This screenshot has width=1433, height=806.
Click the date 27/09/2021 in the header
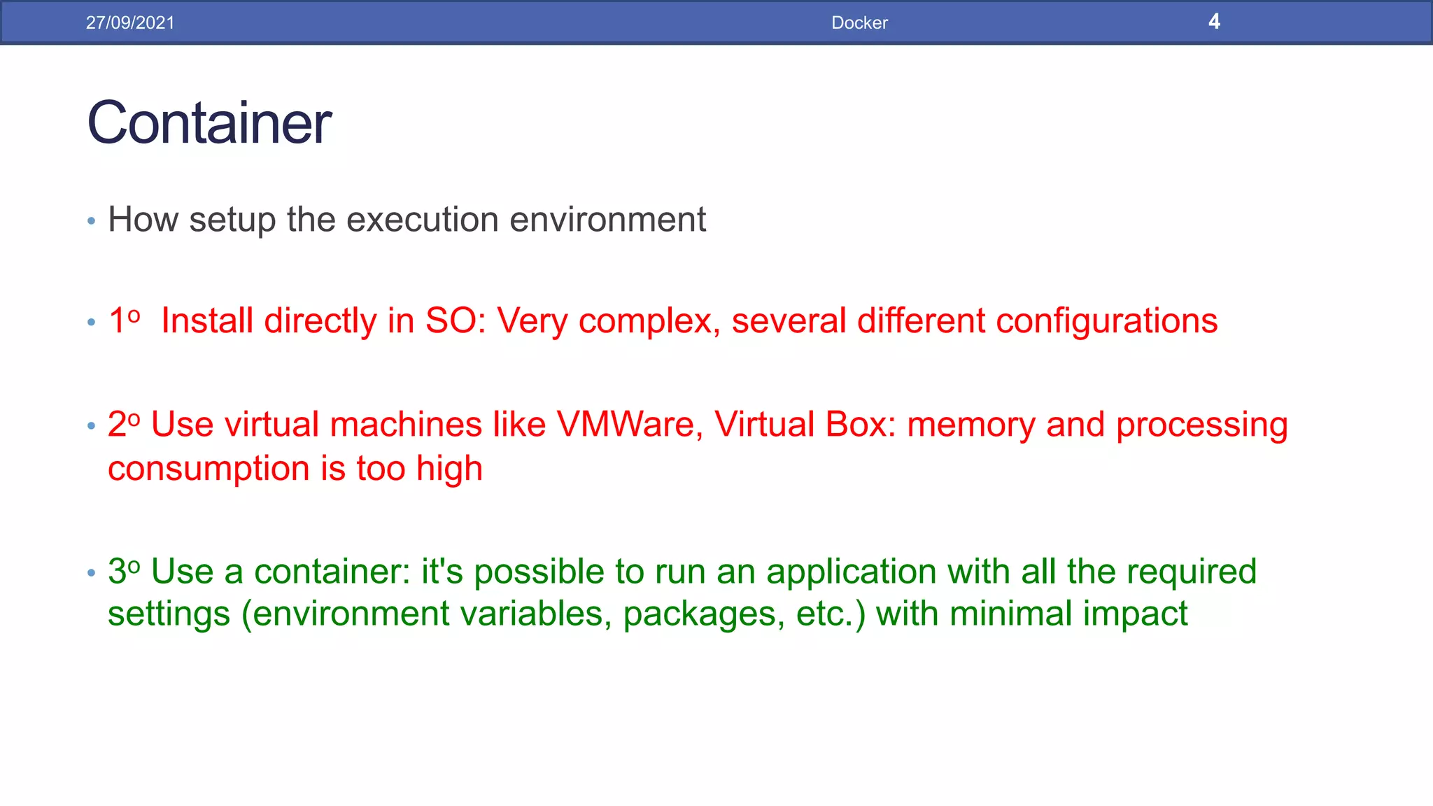point(130,22)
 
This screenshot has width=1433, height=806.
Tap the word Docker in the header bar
point(859,22)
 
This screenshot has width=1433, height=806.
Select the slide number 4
point(1214,22)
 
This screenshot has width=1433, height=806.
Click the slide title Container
point(209,122)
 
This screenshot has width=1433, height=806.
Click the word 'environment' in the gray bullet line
point(607,220)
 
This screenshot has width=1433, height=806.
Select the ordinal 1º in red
point(124,320)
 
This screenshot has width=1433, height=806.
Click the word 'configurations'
point(1106,322)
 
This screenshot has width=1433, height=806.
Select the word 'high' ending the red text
point(449,469)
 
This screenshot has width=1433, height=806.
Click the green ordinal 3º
point(124,571)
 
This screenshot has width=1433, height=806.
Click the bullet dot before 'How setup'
point(91,221)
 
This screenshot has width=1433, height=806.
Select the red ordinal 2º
point(124,424)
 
